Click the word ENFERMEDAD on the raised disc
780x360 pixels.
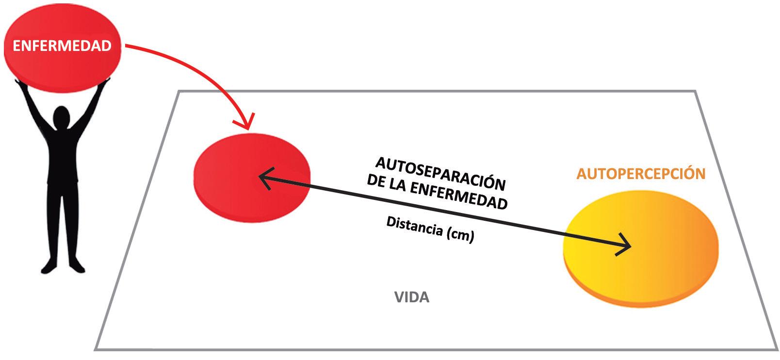pos(62,46)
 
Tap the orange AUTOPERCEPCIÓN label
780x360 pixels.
pos(640,174)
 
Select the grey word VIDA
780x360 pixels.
pos(412,297)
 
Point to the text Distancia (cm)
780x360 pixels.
pos(430,229)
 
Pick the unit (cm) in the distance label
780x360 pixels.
pos(459,234)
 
